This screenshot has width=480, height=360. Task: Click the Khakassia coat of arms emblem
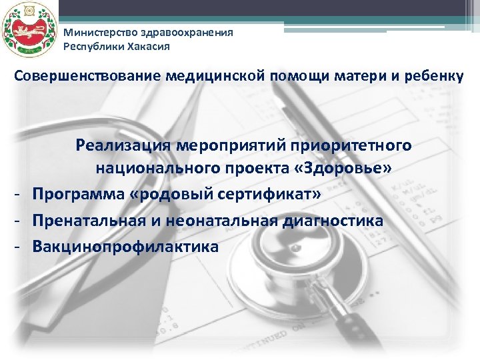point(27,29)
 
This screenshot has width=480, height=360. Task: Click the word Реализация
point(123,145)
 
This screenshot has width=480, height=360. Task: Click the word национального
point(161,169)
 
